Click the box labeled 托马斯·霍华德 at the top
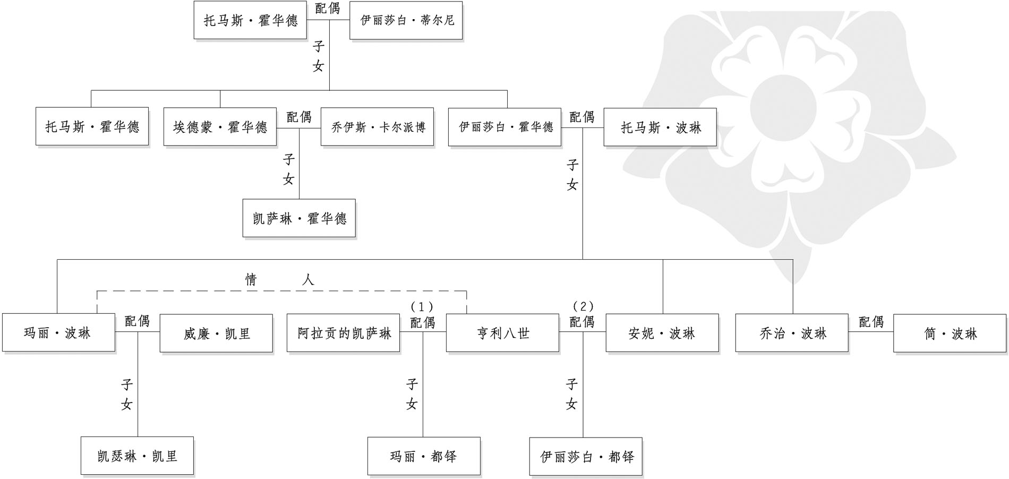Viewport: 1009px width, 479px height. point(250,20)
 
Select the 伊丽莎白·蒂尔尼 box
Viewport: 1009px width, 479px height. point(406,20)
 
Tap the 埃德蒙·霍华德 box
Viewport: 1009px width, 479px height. point(220,127)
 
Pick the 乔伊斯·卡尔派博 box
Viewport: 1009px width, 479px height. point(377,127)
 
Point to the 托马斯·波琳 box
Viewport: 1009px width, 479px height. point(660,127)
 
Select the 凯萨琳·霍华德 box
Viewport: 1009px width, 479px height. point(299,218)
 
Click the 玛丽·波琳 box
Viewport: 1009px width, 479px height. point(58,333)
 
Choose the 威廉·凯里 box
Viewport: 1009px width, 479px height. point(216,333)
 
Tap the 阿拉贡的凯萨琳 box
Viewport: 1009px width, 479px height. point(343,333)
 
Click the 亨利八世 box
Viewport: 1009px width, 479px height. point(502,333)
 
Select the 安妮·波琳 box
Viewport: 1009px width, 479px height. point(662,333)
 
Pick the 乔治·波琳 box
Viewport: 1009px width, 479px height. point(792,333)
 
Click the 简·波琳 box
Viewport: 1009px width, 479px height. point(950,333)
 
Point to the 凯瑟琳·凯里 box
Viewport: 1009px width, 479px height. point(137,456)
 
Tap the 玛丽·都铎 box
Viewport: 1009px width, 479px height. point(424,456)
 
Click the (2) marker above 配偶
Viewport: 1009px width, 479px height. point(583,306)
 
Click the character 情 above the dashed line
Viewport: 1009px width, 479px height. point(251,279)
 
